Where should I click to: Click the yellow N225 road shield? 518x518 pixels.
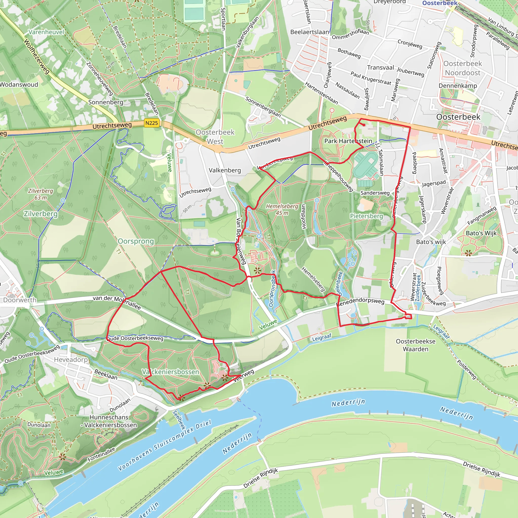click(152, 123)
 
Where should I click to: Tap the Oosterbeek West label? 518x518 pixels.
click(215, 137)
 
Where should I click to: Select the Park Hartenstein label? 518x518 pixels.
click(348, 141)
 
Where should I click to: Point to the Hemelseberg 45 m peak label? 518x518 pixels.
click(282, 209)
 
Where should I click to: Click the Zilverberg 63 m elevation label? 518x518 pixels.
click(40, 194)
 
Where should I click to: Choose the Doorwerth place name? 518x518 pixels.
click(19, 300)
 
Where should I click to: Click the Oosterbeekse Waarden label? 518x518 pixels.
click(416, 345)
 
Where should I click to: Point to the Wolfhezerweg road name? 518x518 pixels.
click(37, 56)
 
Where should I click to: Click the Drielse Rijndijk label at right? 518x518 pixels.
click(481, 469)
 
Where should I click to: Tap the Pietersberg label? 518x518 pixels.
click(366, 216)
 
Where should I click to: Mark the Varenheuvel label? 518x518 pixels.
click(46, 32)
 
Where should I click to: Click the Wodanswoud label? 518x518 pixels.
click(19, 85)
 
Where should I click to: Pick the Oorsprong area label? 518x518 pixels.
click(136, 241)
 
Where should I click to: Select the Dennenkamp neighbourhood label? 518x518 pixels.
click(458, 86)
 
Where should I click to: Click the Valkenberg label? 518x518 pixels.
click(225, 170)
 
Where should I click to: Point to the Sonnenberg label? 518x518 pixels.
click(106, 102)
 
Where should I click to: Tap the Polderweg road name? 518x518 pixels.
click(466, 369)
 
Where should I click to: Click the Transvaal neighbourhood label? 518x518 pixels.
click(380, 68)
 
